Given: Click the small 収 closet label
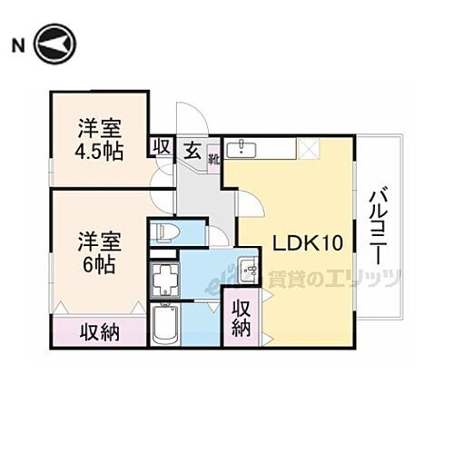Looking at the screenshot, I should tap(162, 146).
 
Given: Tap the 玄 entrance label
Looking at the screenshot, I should tap(192, 148).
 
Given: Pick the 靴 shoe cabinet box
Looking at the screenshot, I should tap(213, 160).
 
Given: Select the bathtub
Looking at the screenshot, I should tap(165, 324).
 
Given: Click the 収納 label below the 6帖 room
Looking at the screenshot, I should tap(98, 331).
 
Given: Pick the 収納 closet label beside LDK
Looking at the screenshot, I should tap(240, 318).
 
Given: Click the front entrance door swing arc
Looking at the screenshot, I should tap(192, 116).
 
